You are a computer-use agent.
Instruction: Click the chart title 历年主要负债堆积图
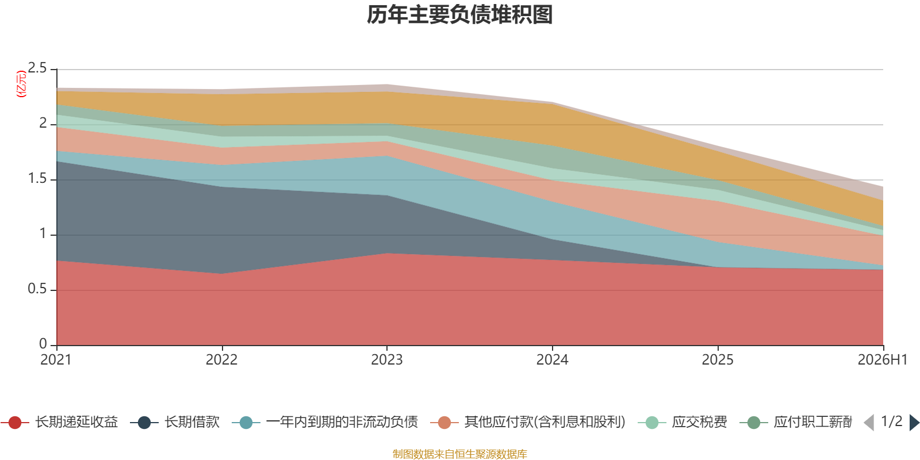(x=459, y=15)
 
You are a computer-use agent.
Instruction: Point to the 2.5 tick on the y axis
(x=37, y=68)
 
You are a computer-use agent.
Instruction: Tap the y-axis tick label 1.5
(x=37, y=179)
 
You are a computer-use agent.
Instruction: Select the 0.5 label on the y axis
(x=37, y=289)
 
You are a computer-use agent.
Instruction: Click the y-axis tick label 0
(x=43, y=344)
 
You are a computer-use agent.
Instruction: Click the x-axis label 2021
(x=56, y=360)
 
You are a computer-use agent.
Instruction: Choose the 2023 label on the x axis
(x=387, y=360)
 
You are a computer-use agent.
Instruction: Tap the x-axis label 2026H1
(x=883, y=360)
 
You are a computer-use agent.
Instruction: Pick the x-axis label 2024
(x=553, y=360)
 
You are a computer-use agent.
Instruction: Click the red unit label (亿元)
(x=21, y=84)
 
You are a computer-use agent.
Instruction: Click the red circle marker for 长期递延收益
(x=15, y=423)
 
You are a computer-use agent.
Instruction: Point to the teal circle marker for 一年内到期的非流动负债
(x=246, y=423)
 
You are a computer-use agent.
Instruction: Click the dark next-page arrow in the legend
(x=914, y=423)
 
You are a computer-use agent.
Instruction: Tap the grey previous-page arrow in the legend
(x=869, y=423)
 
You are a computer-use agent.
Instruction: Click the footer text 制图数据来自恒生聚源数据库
(x=459, y=454)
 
